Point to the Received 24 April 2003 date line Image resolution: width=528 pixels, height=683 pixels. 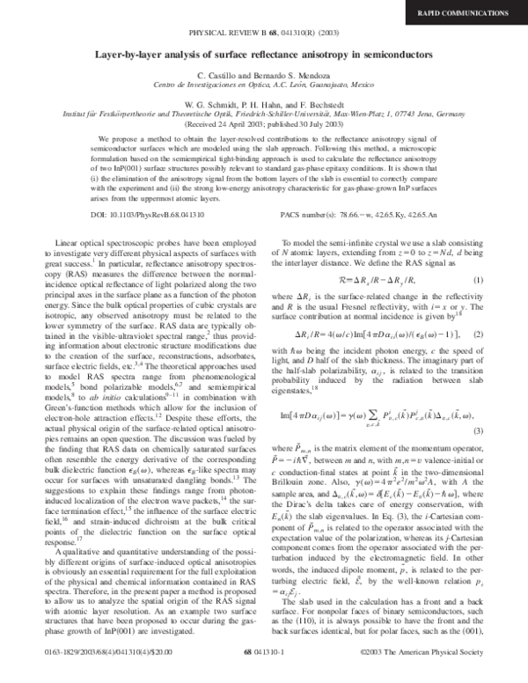[264, 125]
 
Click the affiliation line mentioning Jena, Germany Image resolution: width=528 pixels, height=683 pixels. [264, 115]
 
